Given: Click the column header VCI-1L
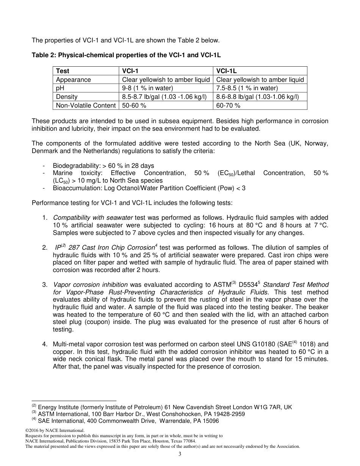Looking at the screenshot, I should point(226,71).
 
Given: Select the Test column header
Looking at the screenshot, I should point(63,71).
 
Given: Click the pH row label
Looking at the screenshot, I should point(60,88).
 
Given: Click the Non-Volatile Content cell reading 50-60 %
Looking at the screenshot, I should point(134,106).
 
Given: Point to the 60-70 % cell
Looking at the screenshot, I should point(228,106).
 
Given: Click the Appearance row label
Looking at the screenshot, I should point(73,80).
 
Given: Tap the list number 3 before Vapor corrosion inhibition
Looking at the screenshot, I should point(45,285).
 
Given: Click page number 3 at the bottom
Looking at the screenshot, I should point(180,454).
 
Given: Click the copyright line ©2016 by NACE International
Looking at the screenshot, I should point(55,430).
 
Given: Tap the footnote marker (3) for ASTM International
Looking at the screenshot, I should point(34,413).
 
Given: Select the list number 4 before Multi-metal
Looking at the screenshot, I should point(45,344).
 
